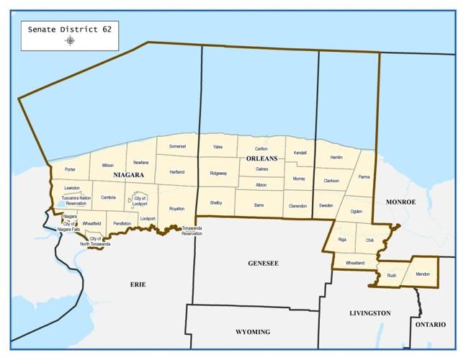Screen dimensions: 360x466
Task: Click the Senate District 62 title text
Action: [69, 30]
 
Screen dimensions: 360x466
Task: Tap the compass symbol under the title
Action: [69, 41]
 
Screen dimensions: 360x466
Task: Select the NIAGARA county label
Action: [128, 175]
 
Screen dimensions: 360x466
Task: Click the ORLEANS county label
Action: [261, 158]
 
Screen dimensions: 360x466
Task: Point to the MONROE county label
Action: [401, 202]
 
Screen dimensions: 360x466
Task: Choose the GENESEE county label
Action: [263, 264]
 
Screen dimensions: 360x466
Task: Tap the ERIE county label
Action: [138, 284]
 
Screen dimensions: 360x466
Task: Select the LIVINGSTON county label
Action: [369, 313]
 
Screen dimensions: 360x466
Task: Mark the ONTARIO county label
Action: [430, 325]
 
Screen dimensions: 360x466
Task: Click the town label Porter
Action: [70, 169]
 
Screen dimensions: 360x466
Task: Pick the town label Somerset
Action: [177, 146]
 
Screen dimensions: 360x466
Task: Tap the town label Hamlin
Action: [336, 157]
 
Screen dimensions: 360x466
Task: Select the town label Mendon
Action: [422, 274]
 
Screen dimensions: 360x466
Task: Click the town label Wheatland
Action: [355, 263]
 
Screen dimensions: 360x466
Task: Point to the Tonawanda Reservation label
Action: [192, 230]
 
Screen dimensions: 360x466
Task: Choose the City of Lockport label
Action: [140, 201]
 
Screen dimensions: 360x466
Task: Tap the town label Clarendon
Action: [297, 205]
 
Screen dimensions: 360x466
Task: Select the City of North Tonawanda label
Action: [95, 241]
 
